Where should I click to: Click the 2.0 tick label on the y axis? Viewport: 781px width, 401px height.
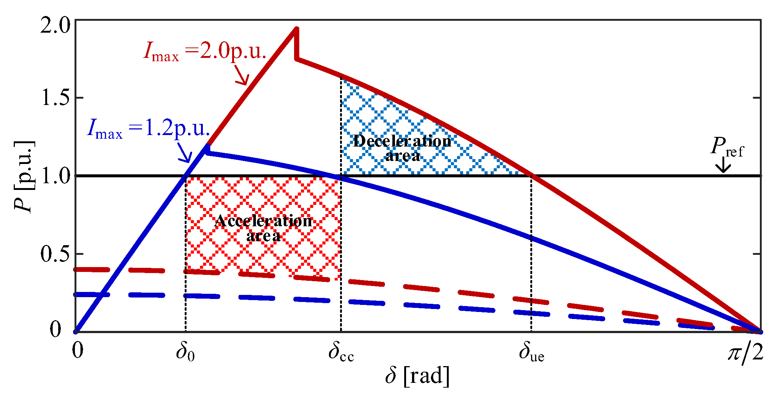click(55, 26)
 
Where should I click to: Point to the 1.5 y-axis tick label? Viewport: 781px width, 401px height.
click(55, 98)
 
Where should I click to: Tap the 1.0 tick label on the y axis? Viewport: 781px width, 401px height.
click(55, 175)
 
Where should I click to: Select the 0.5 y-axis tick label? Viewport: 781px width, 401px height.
click(55, 254)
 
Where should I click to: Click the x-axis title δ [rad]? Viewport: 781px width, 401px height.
click(417, 375)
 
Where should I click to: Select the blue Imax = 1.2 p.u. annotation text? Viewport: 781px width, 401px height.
click(148, 128)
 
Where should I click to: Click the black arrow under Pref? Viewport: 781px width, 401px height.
click(723, 165)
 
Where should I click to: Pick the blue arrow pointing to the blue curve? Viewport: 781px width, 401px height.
click(184, 152)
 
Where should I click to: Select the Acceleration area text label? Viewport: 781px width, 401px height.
click(263, 229)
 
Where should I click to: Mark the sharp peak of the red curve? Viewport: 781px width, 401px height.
click(296, 28)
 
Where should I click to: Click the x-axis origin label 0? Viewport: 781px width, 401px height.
click(78, 350)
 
